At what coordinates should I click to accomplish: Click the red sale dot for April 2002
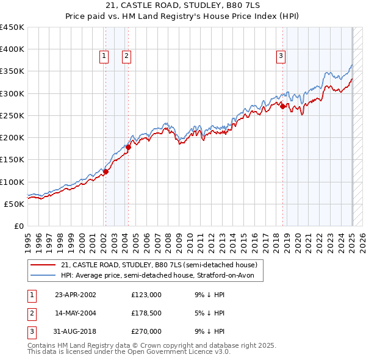[106, 171]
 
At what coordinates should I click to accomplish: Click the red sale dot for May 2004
[128, 147]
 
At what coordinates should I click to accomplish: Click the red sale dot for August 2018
[283, 107]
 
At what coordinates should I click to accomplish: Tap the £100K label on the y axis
[13, 182]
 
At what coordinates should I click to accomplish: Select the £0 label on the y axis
[18, 226]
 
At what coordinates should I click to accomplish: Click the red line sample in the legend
[42, 265]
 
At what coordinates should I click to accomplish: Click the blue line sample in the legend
[42, 276]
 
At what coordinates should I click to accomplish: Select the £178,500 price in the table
[146, 313]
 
